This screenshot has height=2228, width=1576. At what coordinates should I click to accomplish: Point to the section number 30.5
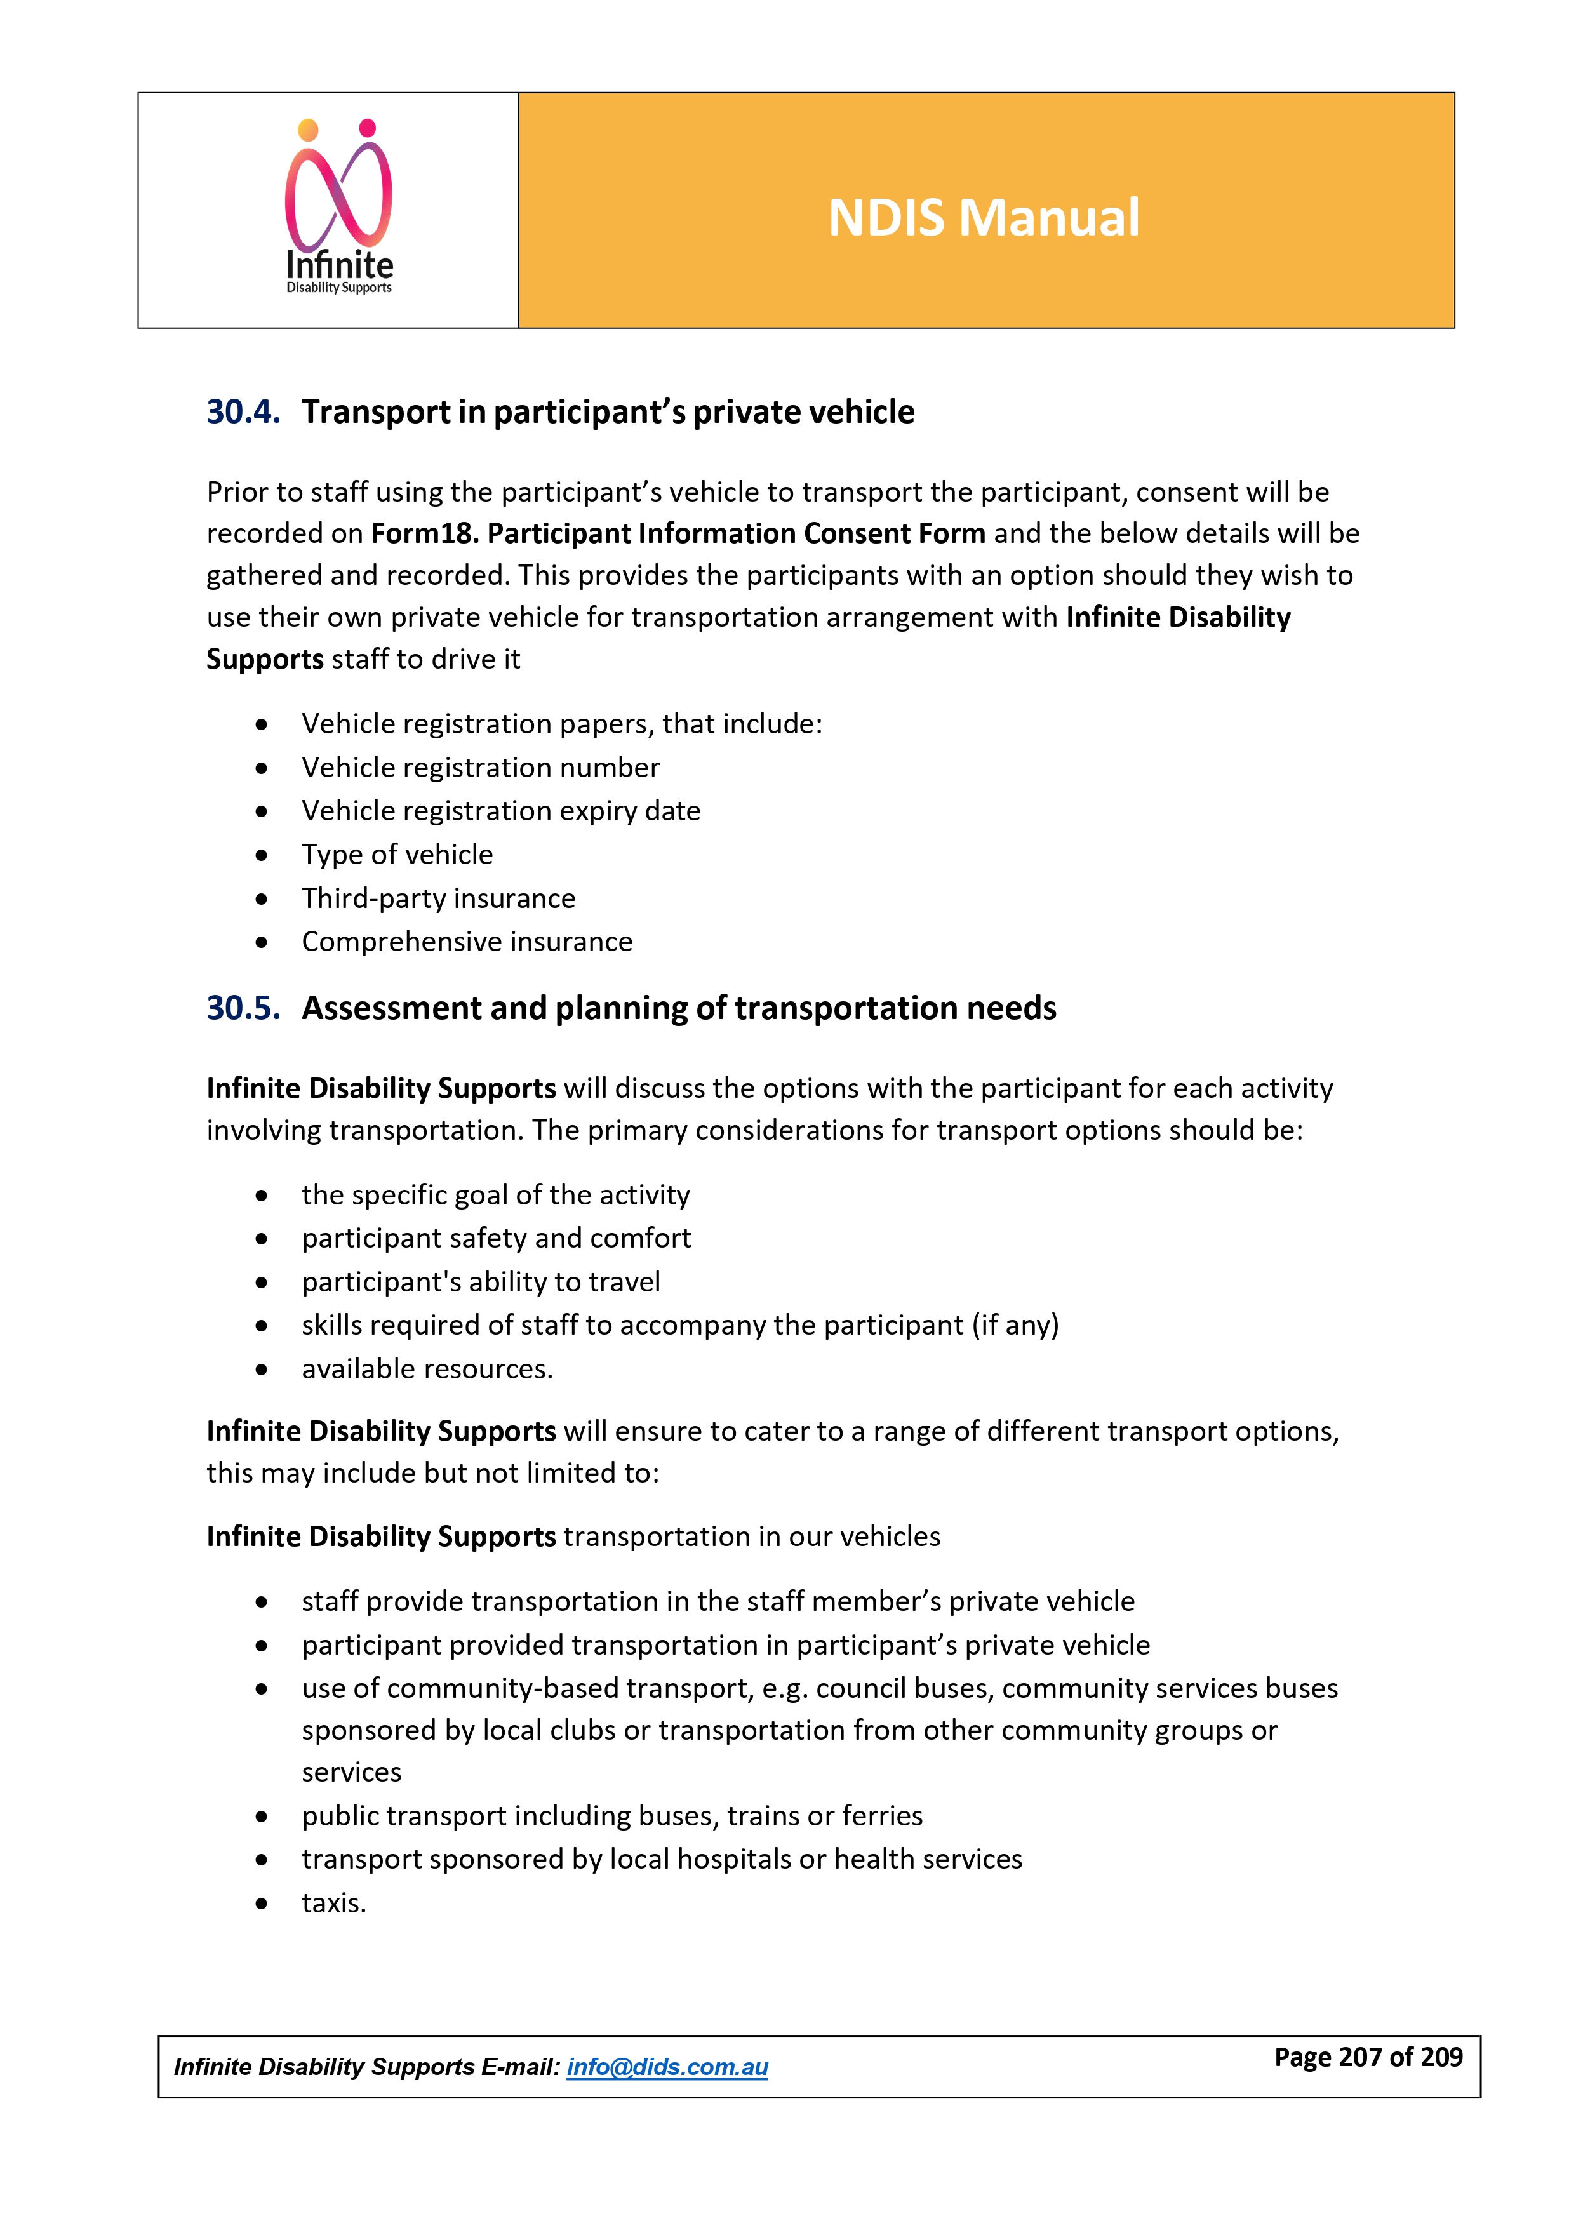[243, 1008]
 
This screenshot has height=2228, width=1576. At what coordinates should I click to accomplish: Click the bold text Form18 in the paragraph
[423, 534]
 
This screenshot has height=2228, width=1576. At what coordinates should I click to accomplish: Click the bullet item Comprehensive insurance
[467, 942]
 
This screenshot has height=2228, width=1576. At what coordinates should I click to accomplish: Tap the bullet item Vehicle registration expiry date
[501, 811]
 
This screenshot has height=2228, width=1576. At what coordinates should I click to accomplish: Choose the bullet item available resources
[427, 1369]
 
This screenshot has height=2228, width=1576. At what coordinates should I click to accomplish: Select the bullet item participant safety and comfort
[496, 1238]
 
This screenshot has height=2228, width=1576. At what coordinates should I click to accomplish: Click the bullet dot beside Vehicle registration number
[261, 768]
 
